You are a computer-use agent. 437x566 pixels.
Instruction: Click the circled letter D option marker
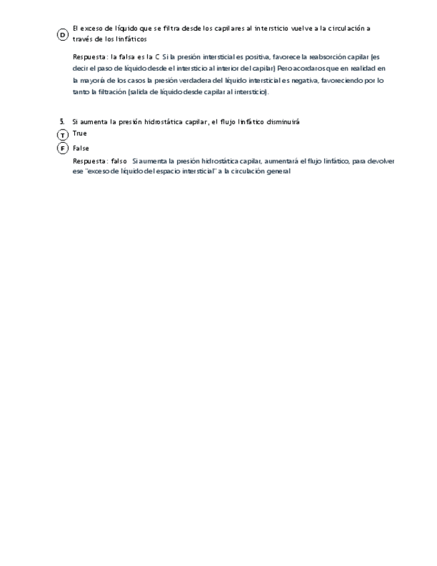point(62,34)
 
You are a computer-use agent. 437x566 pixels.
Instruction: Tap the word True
point(80,133)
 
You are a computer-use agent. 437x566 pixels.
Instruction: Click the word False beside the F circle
point(81,148)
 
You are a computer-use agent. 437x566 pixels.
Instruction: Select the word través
point(83,39)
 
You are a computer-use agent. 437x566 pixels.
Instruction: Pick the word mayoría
point(94,80)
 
